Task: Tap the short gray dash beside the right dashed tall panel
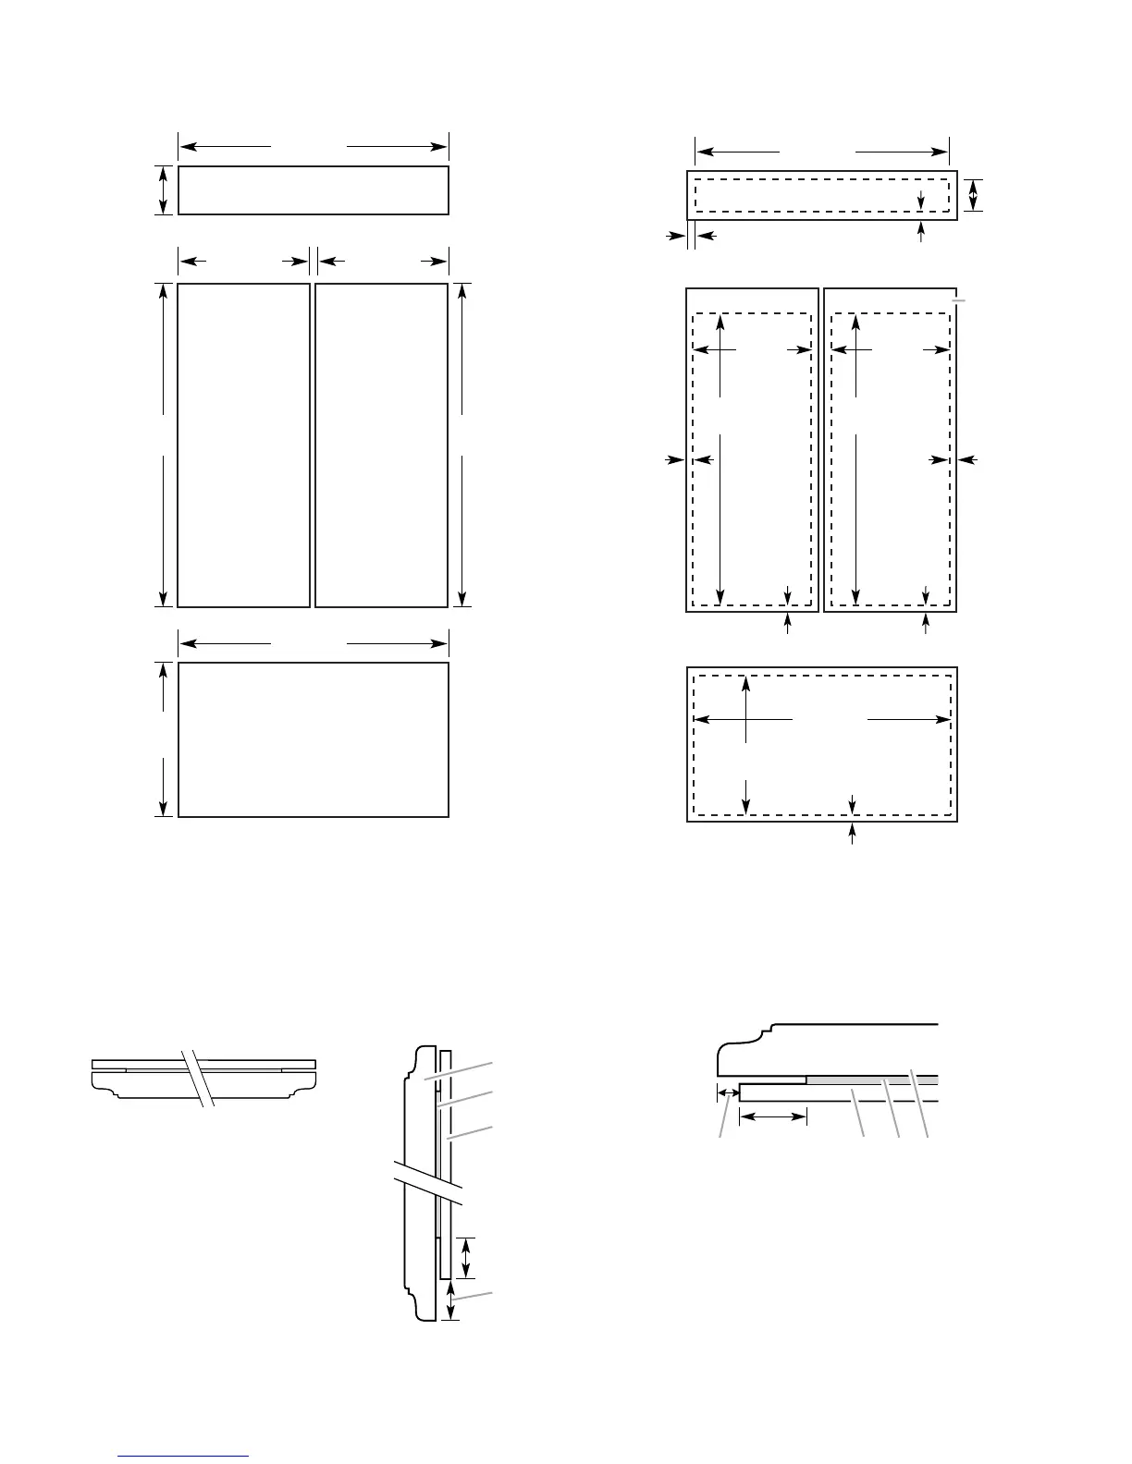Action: pos(960,300)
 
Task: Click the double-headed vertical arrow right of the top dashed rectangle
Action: pos(973,195)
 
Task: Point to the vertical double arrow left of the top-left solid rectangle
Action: pos(164,190)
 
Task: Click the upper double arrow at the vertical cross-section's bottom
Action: pos(466,1257)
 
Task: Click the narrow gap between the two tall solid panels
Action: pos(313,445)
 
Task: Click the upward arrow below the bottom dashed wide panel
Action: pos(853,834)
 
